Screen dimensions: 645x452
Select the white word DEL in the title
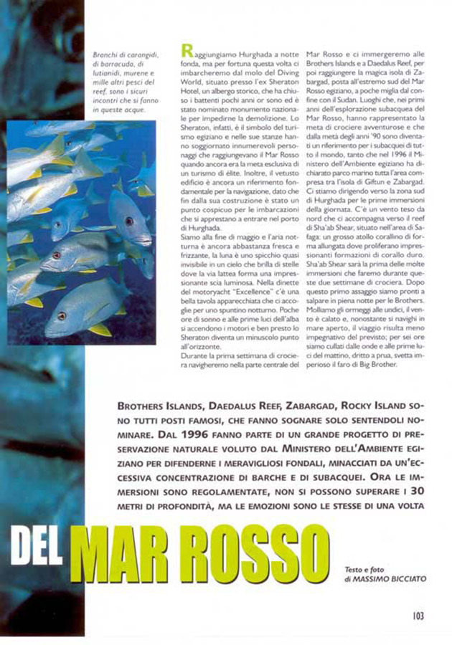pos(42,554)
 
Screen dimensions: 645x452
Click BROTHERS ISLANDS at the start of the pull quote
pos(154,406)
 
